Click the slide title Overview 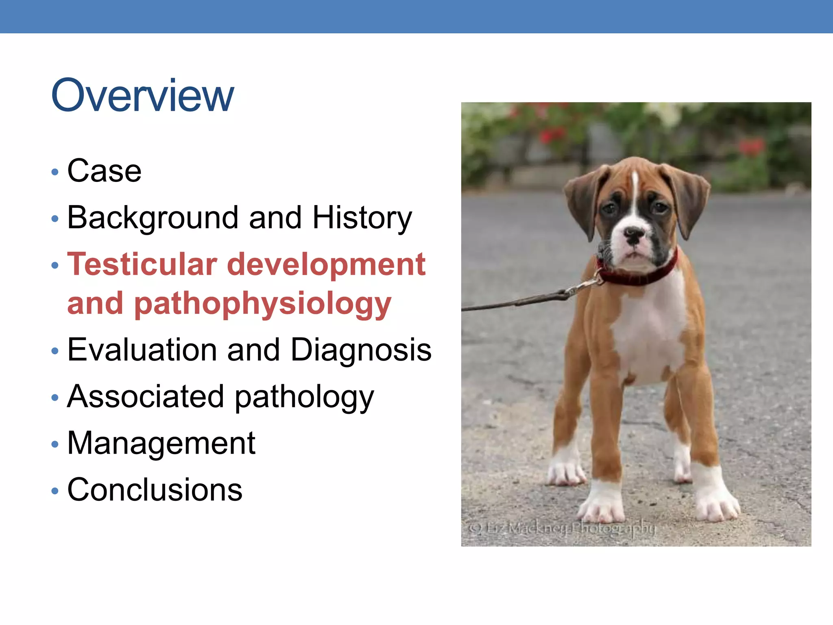tap(142, 96)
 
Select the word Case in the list tap(104, 171)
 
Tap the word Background tap(153, 218)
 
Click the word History tap(362, 218)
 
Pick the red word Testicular tap(142, 264)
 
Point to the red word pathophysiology tap(262, 304)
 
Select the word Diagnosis tap(361, 350)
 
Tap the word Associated tap(146, 397)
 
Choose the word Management tap(161, 443)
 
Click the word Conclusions tap(155, 490)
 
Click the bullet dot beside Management tap(55, 444)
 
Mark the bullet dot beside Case tap(55, 172)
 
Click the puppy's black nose tap(634, 235)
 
